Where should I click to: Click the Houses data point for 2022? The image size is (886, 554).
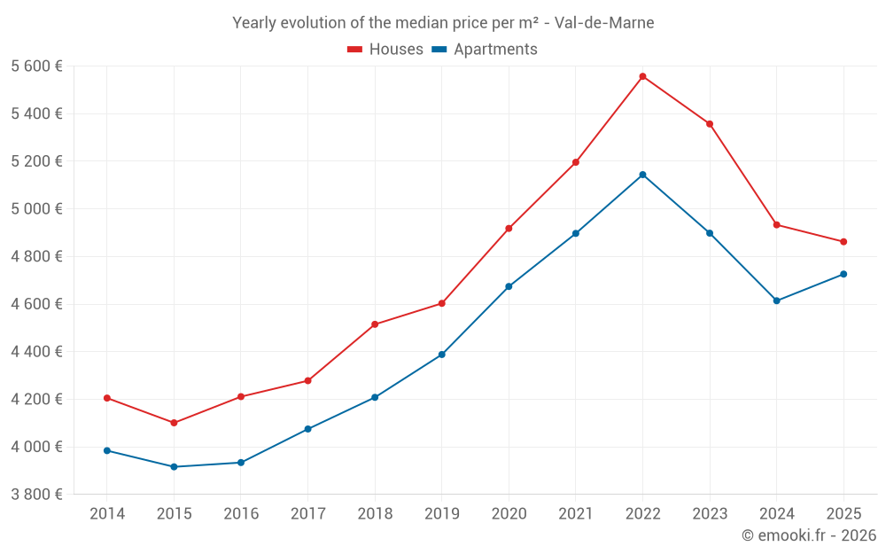(642, 76)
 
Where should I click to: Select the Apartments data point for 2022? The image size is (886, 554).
(642, 175)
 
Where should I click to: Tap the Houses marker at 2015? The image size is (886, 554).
(174, 423)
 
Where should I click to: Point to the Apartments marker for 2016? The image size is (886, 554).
(241, 463)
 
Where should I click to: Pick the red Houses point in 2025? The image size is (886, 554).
(843, 242)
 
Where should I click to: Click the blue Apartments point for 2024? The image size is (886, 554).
(776, 300)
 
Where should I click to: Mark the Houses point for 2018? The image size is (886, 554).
(375, 324)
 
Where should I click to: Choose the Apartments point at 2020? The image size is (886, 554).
(509, 286)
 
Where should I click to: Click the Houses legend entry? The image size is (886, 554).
(385, 50)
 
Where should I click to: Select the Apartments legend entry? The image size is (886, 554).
(486, 50)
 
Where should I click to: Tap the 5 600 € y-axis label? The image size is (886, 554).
(36, 66)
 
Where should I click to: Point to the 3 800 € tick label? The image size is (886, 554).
(36, 495)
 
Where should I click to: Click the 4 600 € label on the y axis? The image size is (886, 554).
(36, 304)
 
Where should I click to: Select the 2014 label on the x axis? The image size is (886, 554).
(107, 514)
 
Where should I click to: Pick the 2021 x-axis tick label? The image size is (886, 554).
(576, 514)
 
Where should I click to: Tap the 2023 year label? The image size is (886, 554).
(710, 514)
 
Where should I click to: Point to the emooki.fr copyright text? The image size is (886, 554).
(808, 535)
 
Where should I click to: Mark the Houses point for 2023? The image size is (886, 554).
(710, 124)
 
